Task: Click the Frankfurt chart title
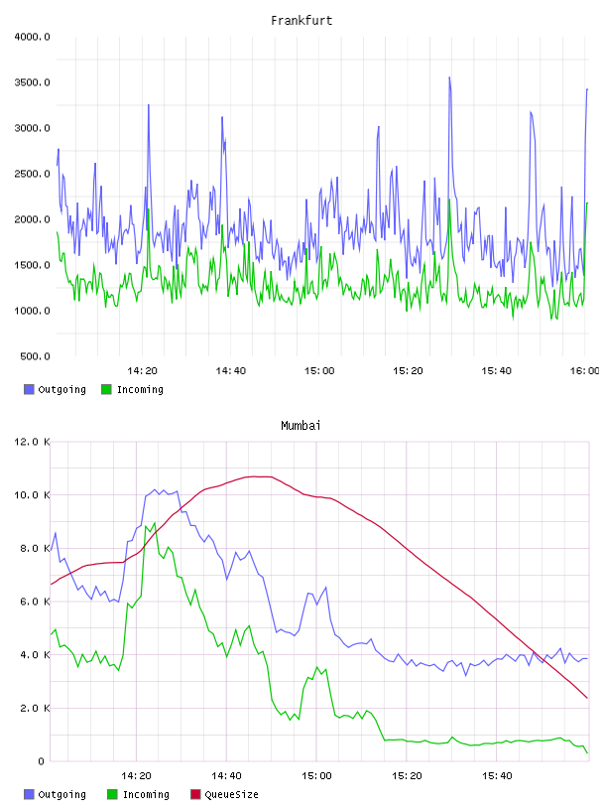click(301, 21)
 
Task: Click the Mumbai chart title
click(301, 426)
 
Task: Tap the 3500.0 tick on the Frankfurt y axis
click(32, 82)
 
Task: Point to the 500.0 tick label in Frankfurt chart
click(35, 356)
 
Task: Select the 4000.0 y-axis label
click(32, 37)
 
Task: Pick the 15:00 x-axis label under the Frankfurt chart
click(319, 371)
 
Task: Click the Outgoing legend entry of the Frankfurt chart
click(56, 389)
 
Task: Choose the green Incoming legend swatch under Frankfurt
click(106, 389)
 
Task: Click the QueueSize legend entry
click(224, 794)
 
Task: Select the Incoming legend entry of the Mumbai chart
click(139, 794)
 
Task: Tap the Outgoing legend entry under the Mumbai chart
click(56, 794)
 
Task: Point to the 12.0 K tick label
click(32, 442)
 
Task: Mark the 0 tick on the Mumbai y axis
click(42, 761)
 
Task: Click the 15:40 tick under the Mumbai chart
click(497, 776)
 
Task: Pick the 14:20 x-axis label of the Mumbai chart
click(136, 776)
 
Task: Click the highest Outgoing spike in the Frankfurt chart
click(449, 77)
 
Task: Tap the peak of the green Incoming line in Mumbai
click(155, 523)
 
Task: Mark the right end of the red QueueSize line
click(587, 698)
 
